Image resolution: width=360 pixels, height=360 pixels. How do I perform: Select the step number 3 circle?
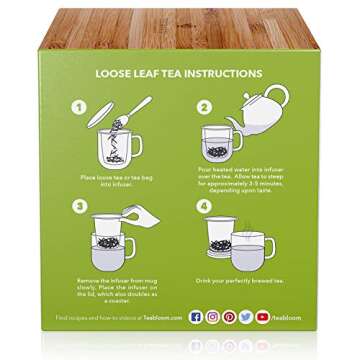[x=75, y=208]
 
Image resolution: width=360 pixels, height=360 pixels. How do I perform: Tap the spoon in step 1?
[x=138, y=112]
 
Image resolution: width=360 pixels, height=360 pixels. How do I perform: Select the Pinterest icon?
[x=229, y=316]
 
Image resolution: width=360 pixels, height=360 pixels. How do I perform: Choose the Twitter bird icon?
[x=246, y=316]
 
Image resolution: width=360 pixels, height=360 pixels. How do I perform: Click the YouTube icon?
[x=262, y=316]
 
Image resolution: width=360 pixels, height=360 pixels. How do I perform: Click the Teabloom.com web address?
[x=161, y=317]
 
